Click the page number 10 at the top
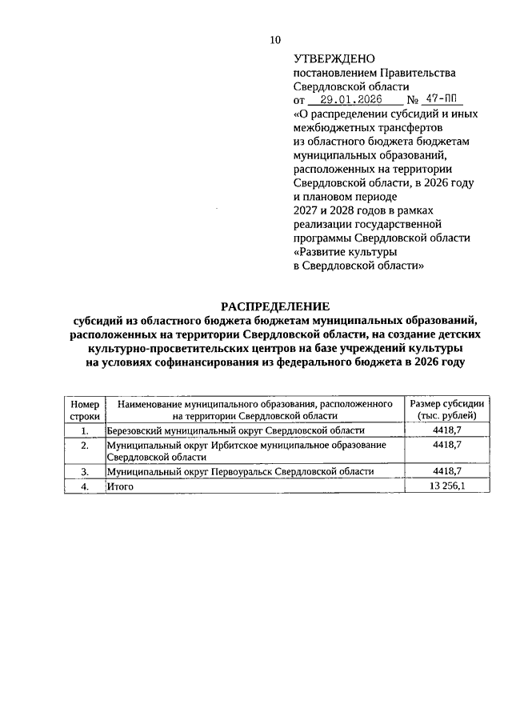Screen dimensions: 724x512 (276, 39)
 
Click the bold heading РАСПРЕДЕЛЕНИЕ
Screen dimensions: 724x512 (275, 306)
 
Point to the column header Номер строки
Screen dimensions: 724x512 (85, 410)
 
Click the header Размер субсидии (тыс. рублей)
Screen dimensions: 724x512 (446, 410)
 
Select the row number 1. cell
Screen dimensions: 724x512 (85, 430)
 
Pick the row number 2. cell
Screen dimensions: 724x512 (85, 444)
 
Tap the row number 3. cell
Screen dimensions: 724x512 (85, 472)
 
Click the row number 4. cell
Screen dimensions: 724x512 (85, 486)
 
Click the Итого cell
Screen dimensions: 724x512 (119, 486)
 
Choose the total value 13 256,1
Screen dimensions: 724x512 (447, 486)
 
